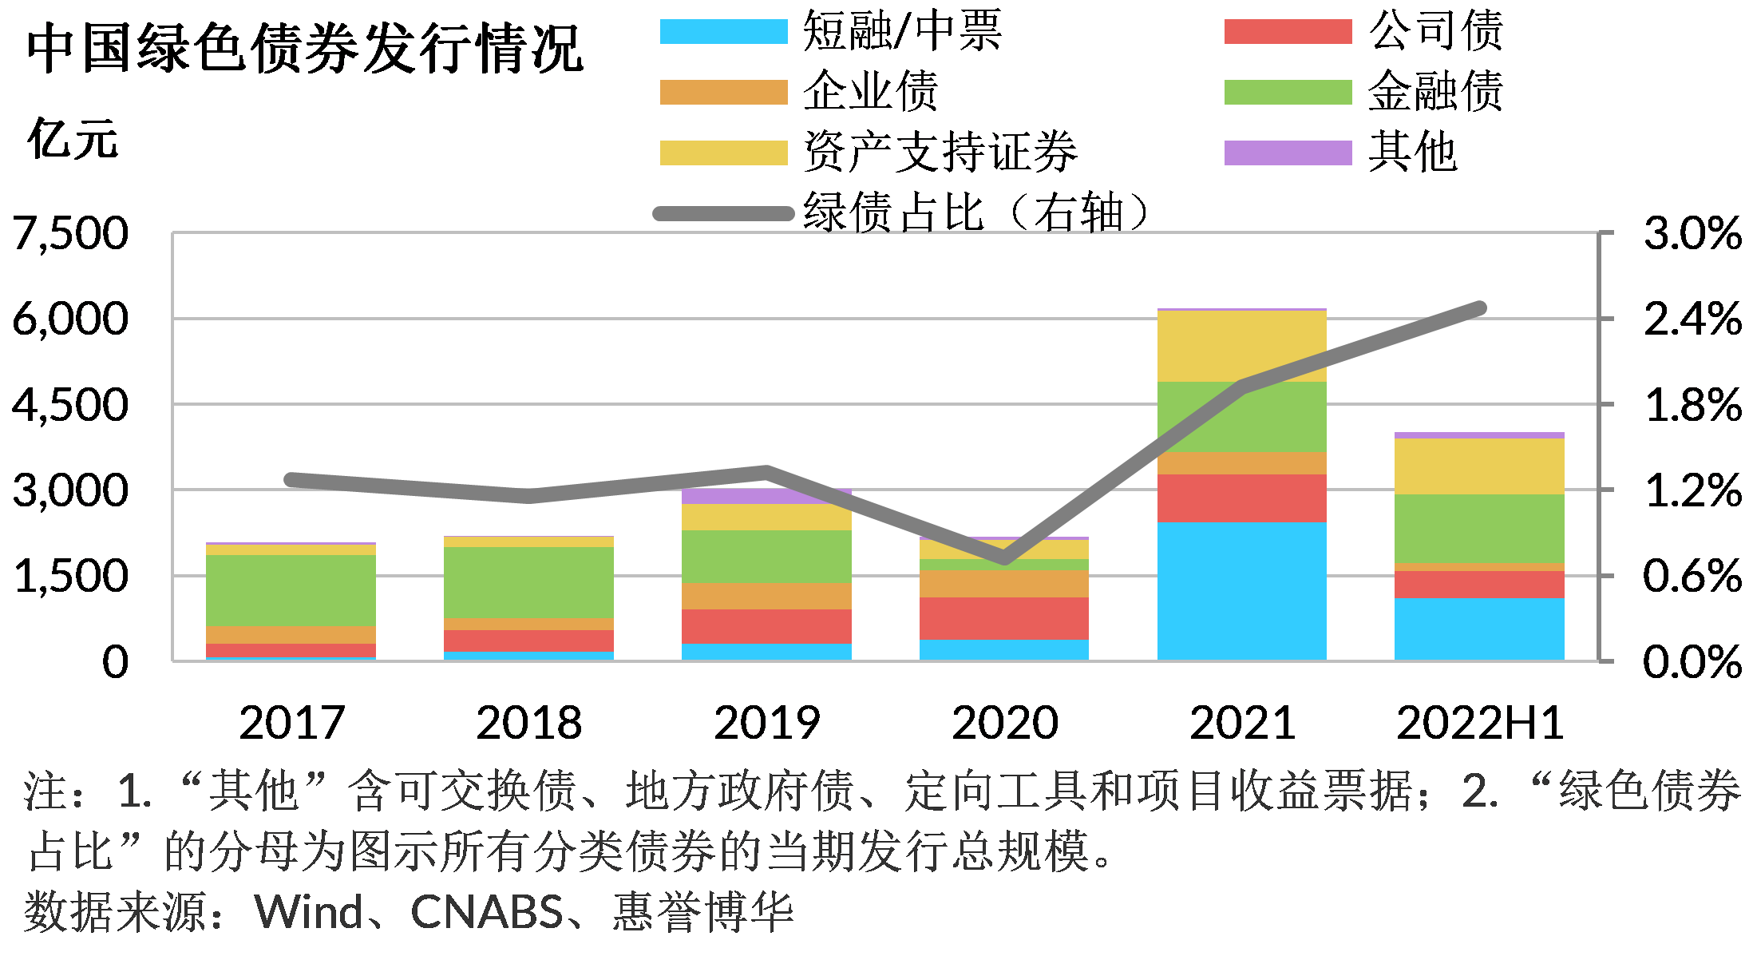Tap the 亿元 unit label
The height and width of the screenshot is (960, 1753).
coord(73,140)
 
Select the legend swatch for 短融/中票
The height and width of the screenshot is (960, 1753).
coord(723,32)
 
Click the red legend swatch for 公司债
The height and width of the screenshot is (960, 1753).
coord(1288,32)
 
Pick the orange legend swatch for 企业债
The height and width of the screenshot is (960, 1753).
coord(723,93)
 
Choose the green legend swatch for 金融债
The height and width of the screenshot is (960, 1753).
coord(1288,93)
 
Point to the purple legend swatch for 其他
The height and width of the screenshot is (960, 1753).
coord(1288,153)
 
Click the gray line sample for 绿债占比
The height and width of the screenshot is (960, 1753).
coord(723,213)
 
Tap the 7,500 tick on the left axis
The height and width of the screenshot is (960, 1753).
coord(70,234)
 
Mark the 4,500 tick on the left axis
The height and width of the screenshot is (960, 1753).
coord(70,405)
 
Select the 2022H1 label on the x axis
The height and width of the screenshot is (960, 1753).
coord(1479,723)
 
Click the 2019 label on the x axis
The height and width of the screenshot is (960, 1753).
coord(766,723)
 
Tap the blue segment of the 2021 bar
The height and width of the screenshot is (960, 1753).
coord(1241,591)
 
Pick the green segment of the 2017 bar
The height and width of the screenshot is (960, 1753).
coord(291,589)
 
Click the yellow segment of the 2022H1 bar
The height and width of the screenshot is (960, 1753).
coord(1479,466)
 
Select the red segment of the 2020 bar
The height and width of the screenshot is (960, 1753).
coord(1003,618)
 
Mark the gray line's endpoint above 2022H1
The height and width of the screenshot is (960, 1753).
coord(1479,308)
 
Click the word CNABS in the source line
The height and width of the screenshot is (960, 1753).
coord(487,912)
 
